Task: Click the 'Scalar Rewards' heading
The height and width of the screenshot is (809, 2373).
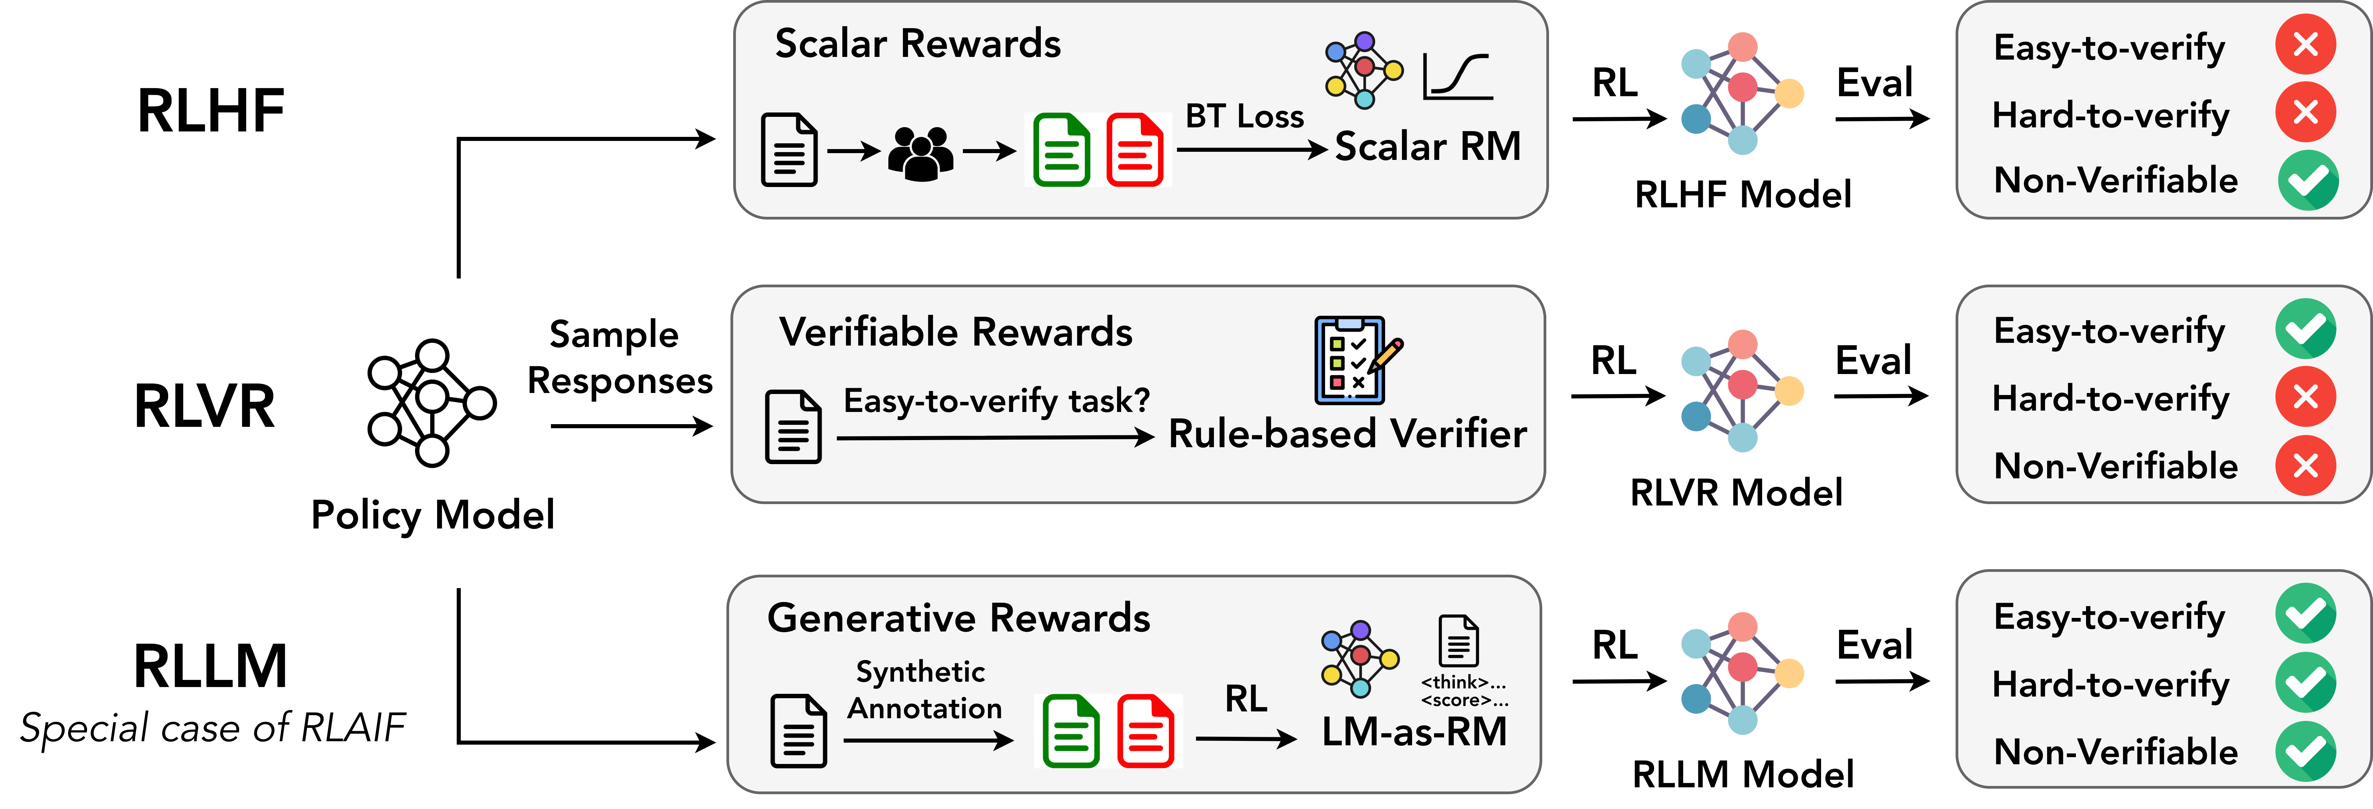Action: [x=917, y=44]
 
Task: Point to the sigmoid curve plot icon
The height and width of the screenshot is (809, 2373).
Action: [x=1457, y=77]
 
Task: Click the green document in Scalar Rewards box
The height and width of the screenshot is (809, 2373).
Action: [x=1061, y=150]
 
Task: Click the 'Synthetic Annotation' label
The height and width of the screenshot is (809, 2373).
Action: [x=924, y=689]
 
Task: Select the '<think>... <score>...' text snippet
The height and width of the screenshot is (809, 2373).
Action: [x=1464, y=691]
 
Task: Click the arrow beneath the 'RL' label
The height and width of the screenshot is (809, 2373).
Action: [x=1245, y=738]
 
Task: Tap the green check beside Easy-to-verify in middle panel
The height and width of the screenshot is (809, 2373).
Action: [x=2306, y=329]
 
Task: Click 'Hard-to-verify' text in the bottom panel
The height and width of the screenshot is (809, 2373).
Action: [x=2110, y=685]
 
